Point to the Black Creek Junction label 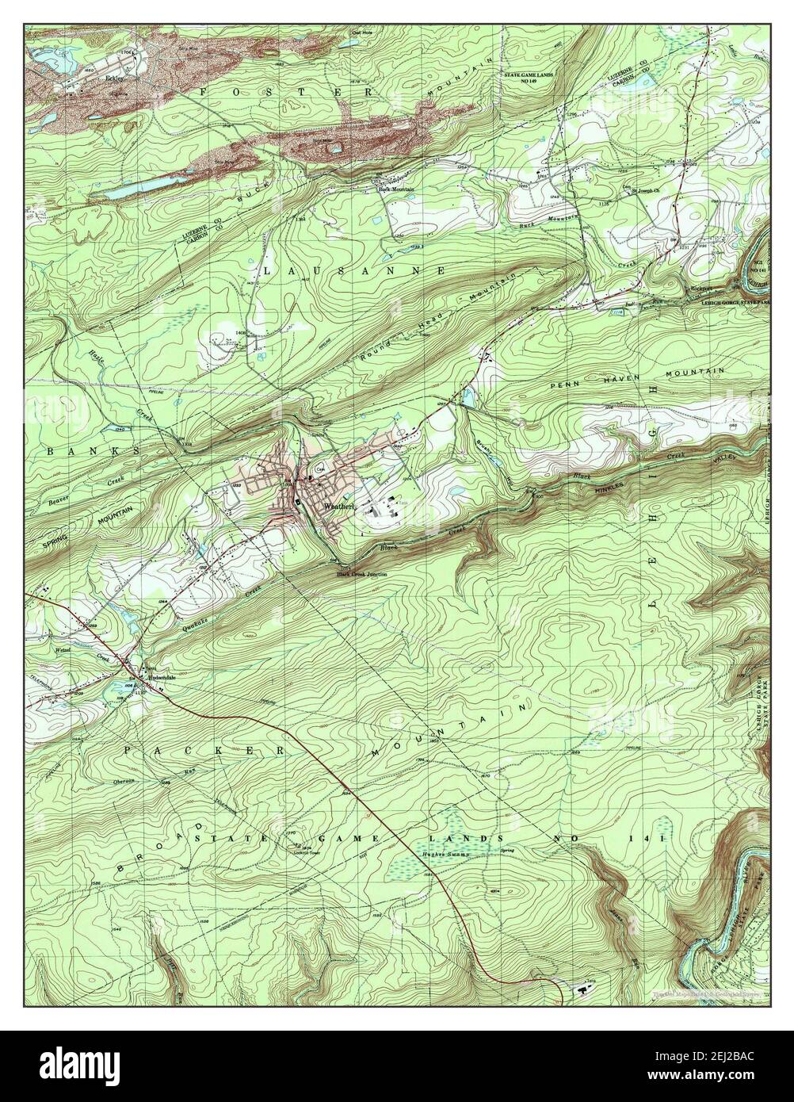click(361, 573)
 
